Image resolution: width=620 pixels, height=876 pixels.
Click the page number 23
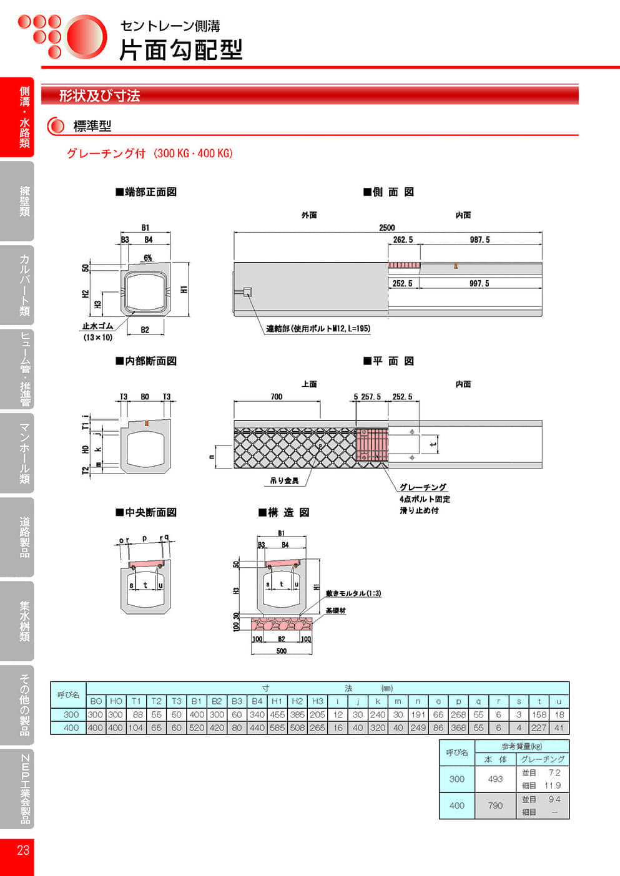(x=22, y=850)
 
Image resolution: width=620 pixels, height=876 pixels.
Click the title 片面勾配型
(x=180, y=50)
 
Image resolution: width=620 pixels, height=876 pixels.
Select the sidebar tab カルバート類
(x=24, y=285)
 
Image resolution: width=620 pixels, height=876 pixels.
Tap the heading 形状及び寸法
(x=99, y=96)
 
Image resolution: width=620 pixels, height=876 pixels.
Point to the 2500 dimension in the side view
(x=386, y=228)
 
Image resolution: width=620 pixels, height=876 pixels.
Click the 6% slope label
(x=148, y=258)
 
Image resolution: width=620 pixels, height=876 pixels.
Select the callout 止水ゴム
(x=97, y=326)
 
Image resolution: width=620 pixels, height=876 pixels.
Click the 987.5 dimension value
(x=480, y=240)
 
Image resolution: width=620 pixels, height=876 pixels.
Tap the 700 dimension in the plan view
(x=276, y=397)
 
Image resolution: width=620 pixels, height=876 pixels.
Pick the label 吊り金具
(x=284, y=480)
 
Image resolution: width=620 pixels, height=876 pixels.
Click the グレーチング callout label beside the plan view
(x=423, y=487)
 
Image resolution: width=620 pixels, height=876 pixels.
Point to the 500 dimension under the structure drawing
(x=282, y=651)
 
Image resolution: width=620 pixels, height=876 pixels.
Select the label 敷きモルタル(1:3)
(x=353, y=593)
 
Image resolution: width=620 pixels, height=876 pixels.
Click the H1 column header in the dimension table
(x=277, y=701)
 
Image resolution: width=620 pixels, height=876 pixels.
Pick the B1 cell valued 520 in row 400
(x=196, y=728)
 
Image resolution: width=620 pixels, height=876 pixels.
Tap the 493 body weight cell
(x=495, y=779)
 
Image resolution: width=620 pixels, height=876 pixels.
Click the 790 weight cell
(x=495, y=805)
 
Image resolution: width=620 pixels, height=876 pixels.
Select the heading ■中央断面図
(x=146, y=512)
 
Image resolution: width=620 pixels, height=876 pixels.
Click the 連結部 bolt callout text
(x=318, y=329)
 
